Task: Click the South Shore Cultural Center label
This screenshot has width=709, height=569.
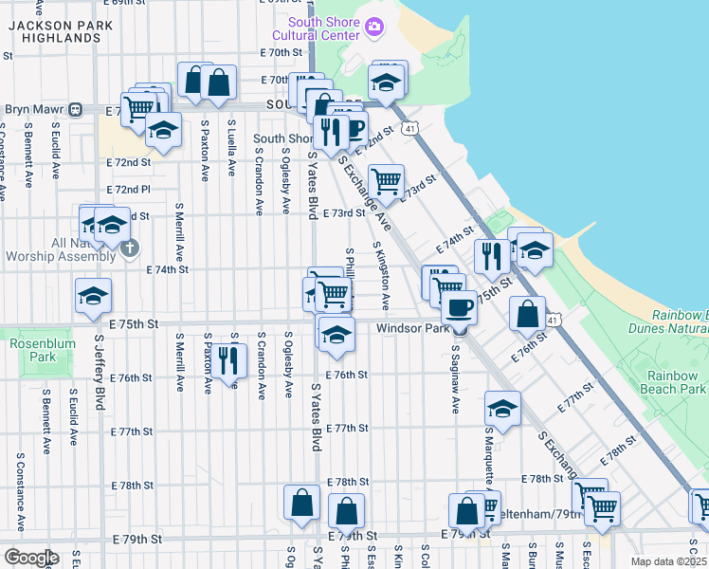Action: click(324, 28)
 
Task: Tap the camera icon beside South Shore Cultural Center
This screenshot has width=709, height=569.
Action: click(374, 26)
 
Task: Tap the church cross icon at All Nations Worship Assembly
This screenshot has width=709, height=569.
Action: click(131, 248)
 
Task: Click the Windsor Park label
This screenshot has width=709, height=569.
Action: click(411, 329)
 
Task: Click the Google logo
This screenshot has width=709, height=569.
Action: click(31, 558)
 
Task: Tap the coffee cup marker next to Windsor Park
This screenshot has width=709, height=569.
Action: click(460, 307)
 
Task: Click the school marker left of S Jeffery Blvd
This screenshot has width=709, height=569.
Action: click(93, 297)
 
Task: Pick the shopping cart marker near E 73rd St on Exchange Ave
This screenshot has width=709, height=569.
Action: click(386, 180)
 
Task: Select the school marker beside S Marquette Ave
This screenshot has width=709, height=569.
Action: click(502, 409)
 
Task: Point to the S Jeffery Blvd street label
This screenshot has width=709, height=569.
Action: click(98, 370)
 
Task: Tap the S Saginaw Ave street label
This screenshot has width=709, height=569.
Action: click(455, 379)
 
